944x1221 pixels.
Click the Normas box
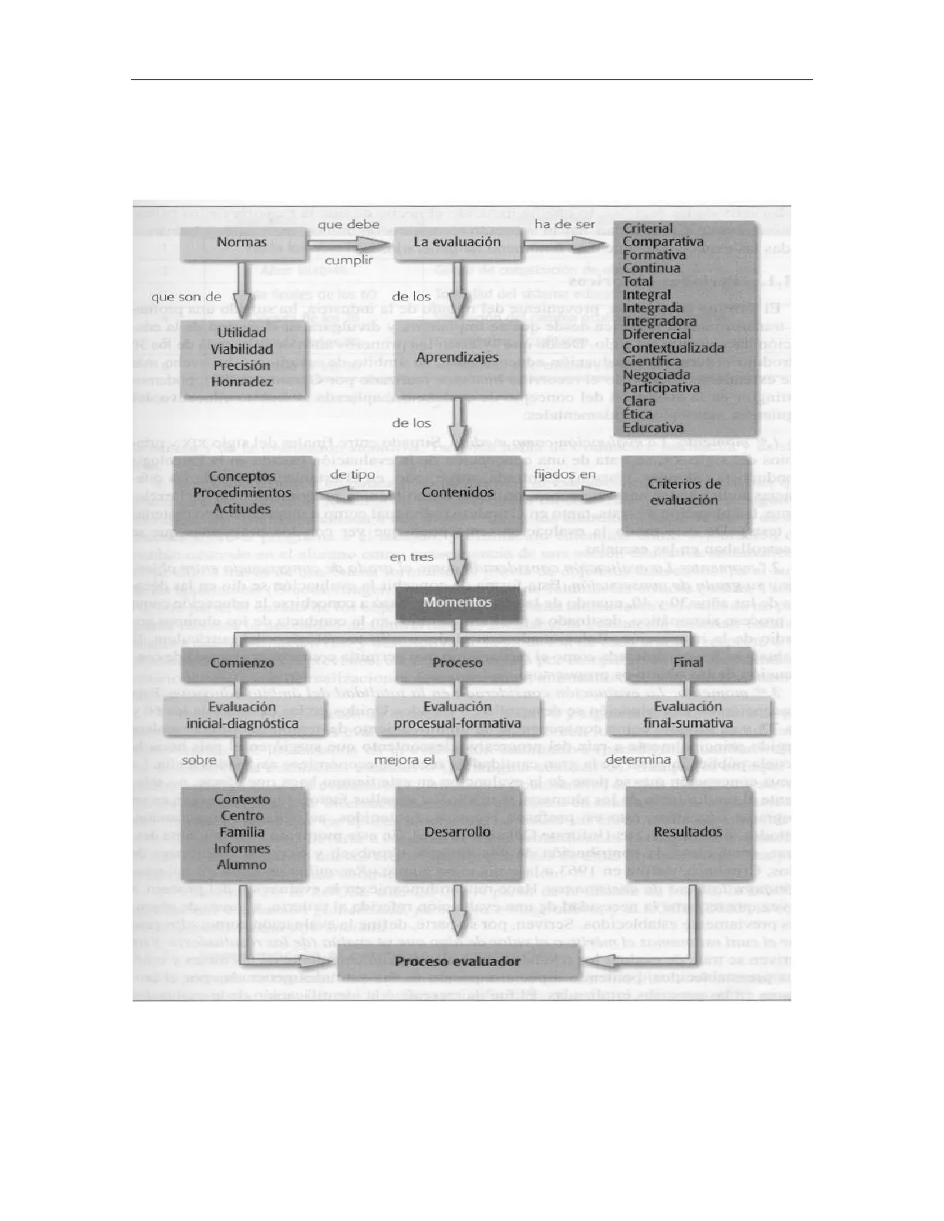click(x=241, y=243)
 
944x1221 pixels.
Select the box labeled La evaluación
click(x=457, y=242)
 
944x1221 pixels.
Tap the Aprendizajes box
click(x=457, y=358)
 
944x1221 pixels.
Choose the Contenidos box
click(x=457, y=493)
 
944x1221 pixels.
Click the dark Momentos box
click(x=457, y=602)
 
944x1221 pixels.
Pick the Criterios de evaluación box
click(x=683, y=492)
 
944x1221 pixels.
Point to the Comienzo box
click(x=242, y=663)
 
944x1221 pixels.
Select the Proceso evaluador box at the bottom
click(x=457, y=961)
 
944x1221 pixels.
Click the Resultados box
click(x=688, y=832)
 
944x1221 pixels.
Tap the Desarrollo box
click(x=457, y=832)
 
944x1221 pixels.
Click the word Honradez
click(x=241, y=382)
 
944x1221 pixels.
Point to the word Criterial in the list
click(x=647, y=228)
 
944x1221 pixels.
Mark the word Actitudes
click(x=241, y=509)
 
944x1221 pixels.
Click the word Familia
click(x=242, y=832)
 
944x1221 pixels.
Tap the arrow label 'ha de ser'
click(x=565, y=224)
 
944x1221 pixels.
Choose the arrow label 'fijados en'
click(x=565, y=474)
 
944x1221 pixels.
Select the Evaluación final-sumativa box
click(x=688, y=715)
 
